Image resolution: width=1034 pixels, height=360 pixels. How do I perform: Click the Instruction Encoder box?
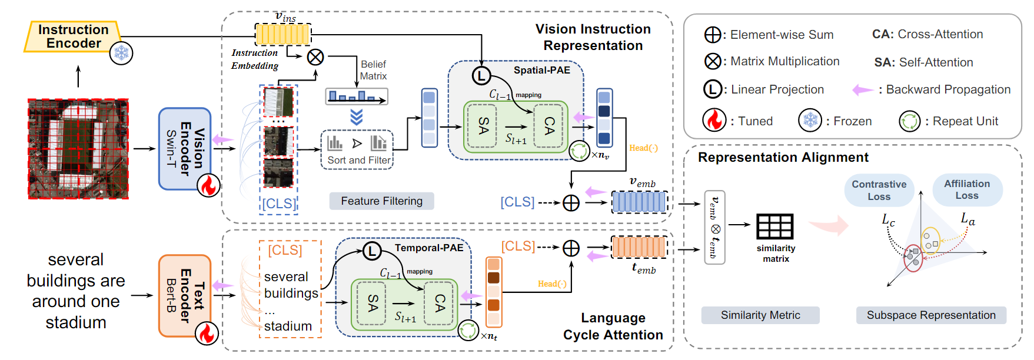point(72,36)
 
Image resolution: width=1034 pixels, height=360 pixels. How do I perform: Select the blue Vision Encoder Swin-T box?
point(184,148)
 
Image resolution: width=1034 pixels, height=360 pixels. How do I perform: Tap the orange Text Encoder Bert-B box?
point(184,295)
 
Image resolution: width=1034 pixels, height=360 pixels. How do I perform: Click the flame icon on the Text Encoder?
point(207,333)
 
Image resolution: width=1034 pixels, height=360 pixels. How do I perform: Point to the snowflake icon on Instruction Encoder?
point(121,54)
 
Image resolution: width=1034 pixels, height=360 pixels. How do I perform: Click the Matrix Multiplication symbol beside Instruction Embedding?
point(315,57)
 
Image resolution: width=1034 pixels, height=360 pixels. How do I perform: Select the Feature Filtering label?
point(381,201)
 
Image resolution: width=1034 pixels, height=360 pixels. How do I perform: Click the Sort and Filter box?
point(357,150)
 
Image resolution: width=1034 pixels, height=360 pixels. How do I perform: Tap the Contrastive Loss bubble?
point(879,190)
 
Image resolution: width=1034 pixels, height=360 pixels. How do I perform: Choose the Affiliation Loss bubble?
point(967,189)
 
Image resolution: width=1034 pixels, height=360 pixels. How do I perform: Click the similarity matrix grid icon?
point(774,226)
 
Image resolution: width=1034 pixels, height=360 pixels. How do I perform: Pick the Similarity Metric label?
point(760,315)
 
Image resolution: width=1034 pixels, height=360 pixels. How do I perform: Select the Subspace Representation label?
point(931,315)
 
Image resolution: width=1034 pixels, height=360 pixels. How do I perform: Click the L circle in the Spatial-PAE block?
point(481,75)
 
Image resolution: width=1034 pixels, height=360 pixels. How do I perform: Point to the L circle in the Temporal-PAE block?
point(371,251)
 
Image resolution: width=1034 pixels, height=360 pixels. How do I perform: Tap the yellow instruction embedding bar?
point(282,34)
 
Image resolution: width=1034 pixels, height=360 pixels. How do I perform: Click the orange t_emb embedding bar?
point(639,247)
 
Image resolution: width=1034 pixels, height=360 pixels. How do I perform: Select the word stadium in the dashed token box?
point(288,326)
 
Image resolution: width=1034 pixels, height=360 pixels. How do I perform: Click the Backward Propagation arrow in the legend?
point(863,89)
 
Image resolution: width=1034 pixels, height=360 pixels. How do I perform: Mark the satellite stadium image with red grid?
point(78,149)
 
